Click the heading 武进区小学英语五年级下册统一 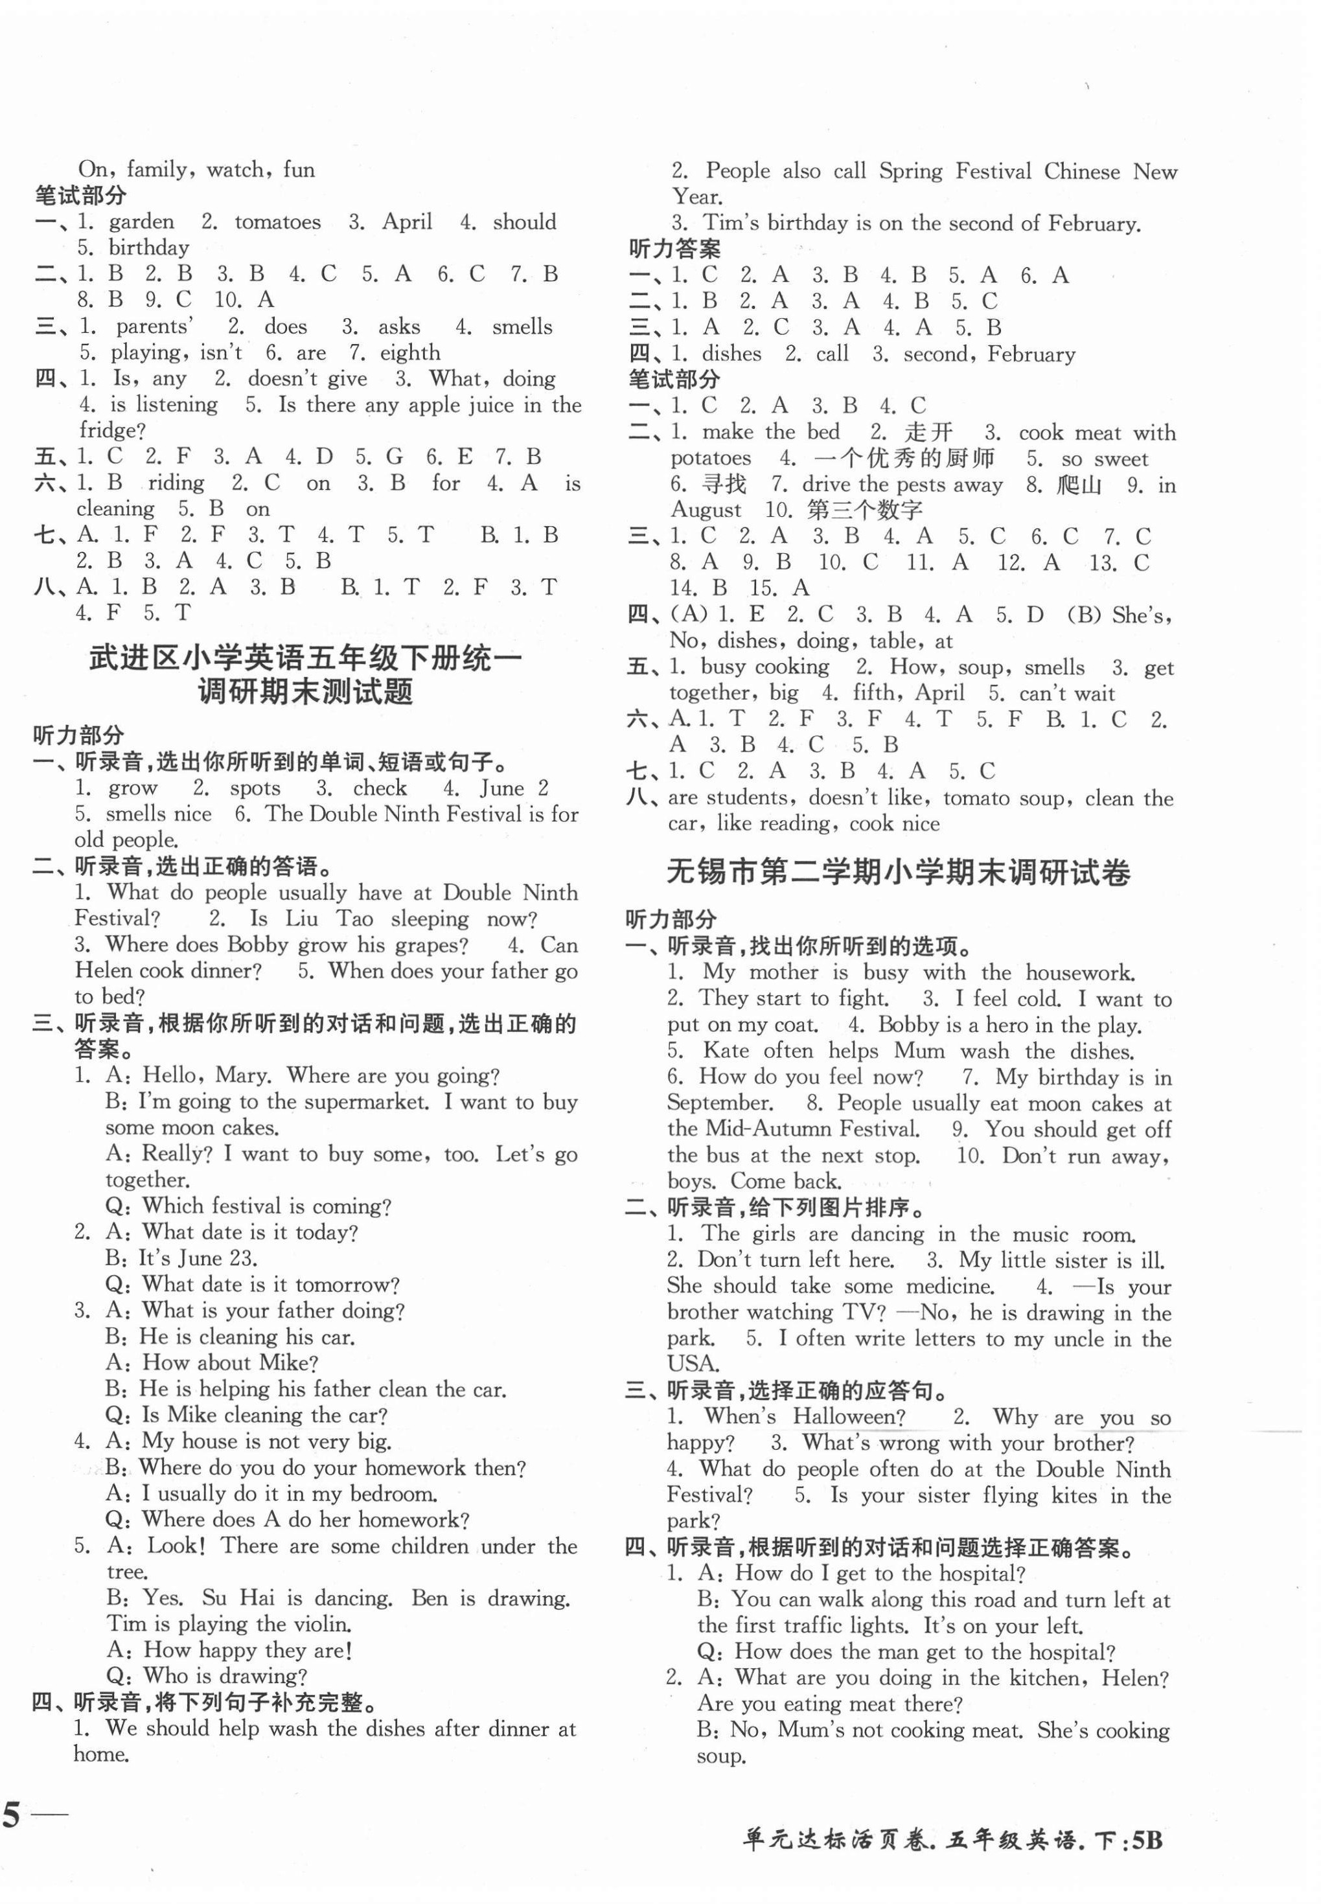[304, 659]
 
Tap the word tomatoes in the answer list [277, 222]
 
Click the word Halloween [849, 1417]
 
